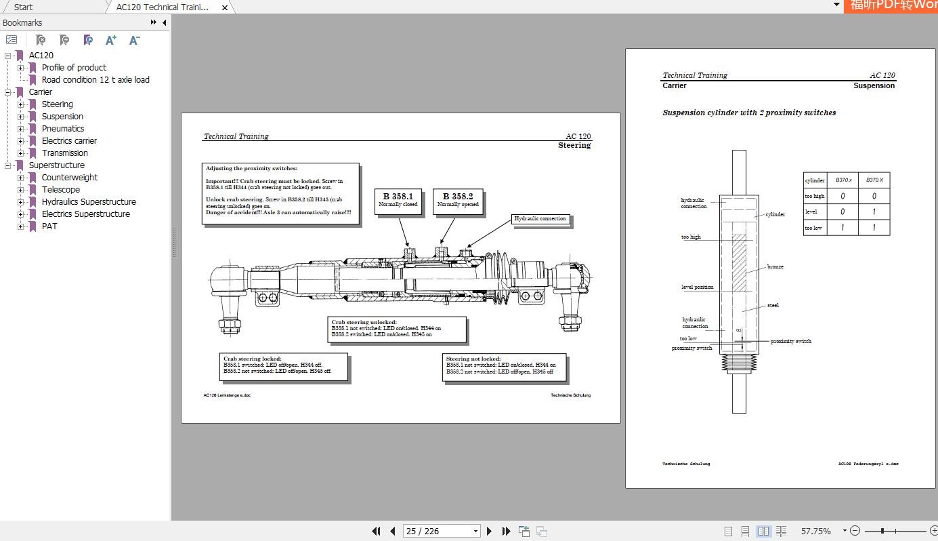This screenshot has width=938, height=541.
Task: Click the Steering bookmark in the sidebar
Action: (x=57, y=104)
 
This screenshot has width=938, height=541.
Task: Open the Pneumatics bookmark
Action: (x=63, y=129)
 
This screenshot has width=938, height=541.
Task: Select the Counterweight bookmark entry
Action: (x=69, y=178)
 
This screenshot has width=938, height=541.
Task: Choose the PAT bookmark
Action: (x=49, y=226)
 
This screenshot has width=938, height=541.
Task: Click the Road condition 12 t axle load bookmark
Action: (x=95, y=80)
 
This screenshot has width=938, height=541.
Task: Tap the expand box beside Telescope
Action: (x=21, y=190)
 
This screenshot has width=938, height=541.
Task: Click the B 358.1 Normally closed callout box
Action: (x=398, y=200)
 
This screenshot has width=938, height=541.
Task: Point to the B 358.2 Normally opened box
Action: (x=458, y=200)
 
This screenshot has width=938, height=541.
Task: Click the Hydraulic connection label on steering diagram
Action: (x=540, y=219)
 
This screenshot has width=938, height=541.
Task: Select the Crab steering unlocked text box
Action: (x=396, y=329)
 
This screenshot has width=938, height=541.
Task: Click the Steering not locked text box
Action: (x=504, y=365)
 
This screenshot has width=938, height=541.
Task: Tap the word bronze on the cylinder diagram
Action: (x=775, y=267)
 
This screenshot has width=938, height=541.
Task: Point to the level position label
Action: (x=697, y=287)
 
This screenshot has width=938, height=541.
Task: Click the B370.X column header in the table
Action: (x=874, y=180)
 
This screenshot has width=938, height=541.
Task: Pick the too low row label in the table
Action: (x=814, y=228)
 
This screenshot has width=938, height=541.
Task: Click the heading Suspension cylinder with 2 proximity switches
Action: (x=749, y=113)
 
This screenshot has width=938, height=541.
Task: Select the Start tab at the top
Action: (x=23, y=7)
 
